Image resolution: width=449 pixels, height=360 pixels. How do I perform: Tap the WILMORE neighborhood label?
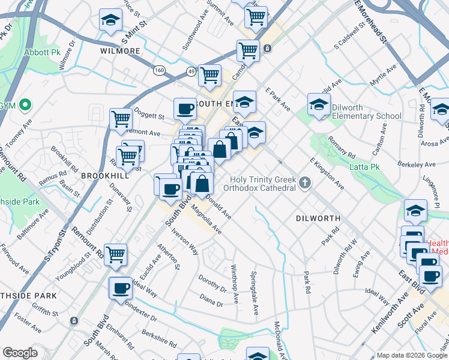120,52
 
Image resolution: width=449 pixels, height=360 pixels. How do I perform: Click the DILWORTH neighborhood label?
318,219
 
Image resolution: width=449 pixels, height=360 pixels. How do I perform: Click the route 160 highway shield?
159,70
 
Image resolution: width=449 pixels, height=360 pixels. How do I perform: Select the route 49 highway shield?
190,70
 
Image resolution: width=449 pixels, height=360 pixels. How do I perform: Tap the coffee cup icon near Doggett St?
185,109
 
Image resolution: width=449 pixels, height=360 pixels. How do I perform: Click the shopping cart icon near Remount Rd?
115,254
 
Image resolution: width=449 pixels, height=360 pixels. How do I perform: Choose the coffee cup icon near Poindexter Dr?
121,288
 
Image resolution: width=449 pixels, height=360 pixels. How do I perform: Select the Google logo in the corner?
20,353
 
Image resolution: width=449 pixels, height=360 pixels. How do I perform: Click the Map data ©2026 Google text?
411,355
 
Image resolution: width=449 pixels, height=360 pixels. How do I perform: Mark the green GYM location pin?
25,106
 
